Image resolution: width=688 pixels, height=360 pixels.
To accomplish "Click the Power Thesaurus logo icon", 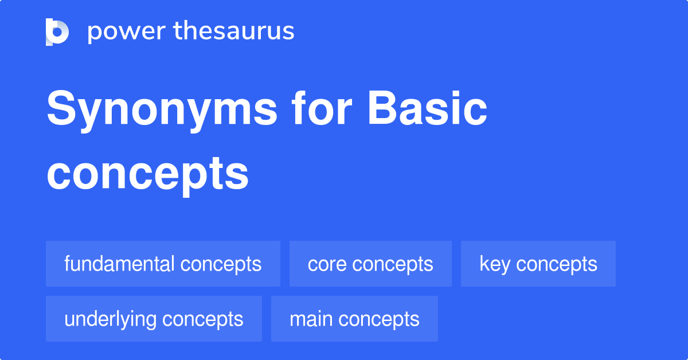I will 57,32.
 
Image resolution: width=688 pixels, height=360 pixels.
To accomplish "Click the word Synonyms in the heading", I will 162,110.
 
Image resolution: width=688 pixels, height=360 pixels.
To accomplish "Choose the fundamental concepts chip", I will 163,264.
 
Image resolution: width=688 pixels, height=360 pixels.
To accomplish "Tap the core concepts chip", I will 370,264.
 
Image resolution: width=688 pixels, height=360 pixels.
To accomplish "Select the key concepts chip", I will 538,264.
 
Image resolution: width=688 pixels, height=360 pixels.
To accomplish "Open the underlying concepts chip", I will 154,319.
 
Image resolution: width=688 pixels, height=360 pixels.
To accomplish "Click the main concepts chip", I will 354,319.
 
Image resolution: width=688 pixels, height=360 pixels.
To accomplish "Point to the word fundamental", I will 119,264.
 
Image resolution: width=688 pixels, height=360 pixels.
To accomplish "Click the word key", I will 494,264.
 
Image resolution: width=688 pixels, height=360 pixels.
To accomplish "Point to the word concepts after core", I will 393,264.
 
